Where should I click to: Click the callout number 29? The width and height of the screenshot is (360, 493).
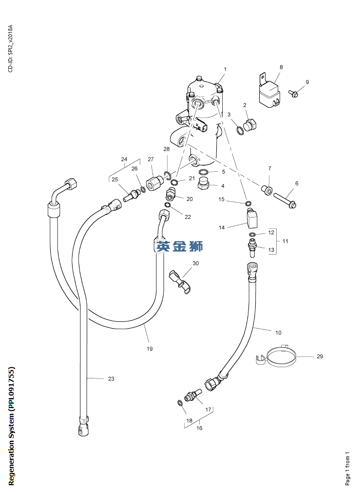click(320, 356)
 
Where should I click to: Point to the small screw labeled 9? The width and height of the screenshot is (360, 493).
click(294, 93)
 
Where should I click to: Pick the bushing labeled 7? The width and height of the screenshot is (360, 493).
click(266, 189)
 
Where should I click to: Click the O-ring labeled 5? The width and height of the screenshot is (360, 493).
click(206, 172)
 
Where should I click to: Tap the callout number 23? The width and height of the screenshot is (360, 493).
click(111, 378)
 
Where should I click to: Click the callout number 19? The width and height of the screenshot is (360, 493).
click(150, 349)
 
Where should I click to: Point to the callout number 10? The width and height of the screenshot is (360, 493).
click(278, 333)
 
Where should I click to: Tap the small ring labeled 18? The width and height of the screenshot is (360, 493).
click(180, 403)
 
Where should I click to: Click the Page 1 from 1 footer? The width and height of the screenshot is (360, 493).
click(347, 468)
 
